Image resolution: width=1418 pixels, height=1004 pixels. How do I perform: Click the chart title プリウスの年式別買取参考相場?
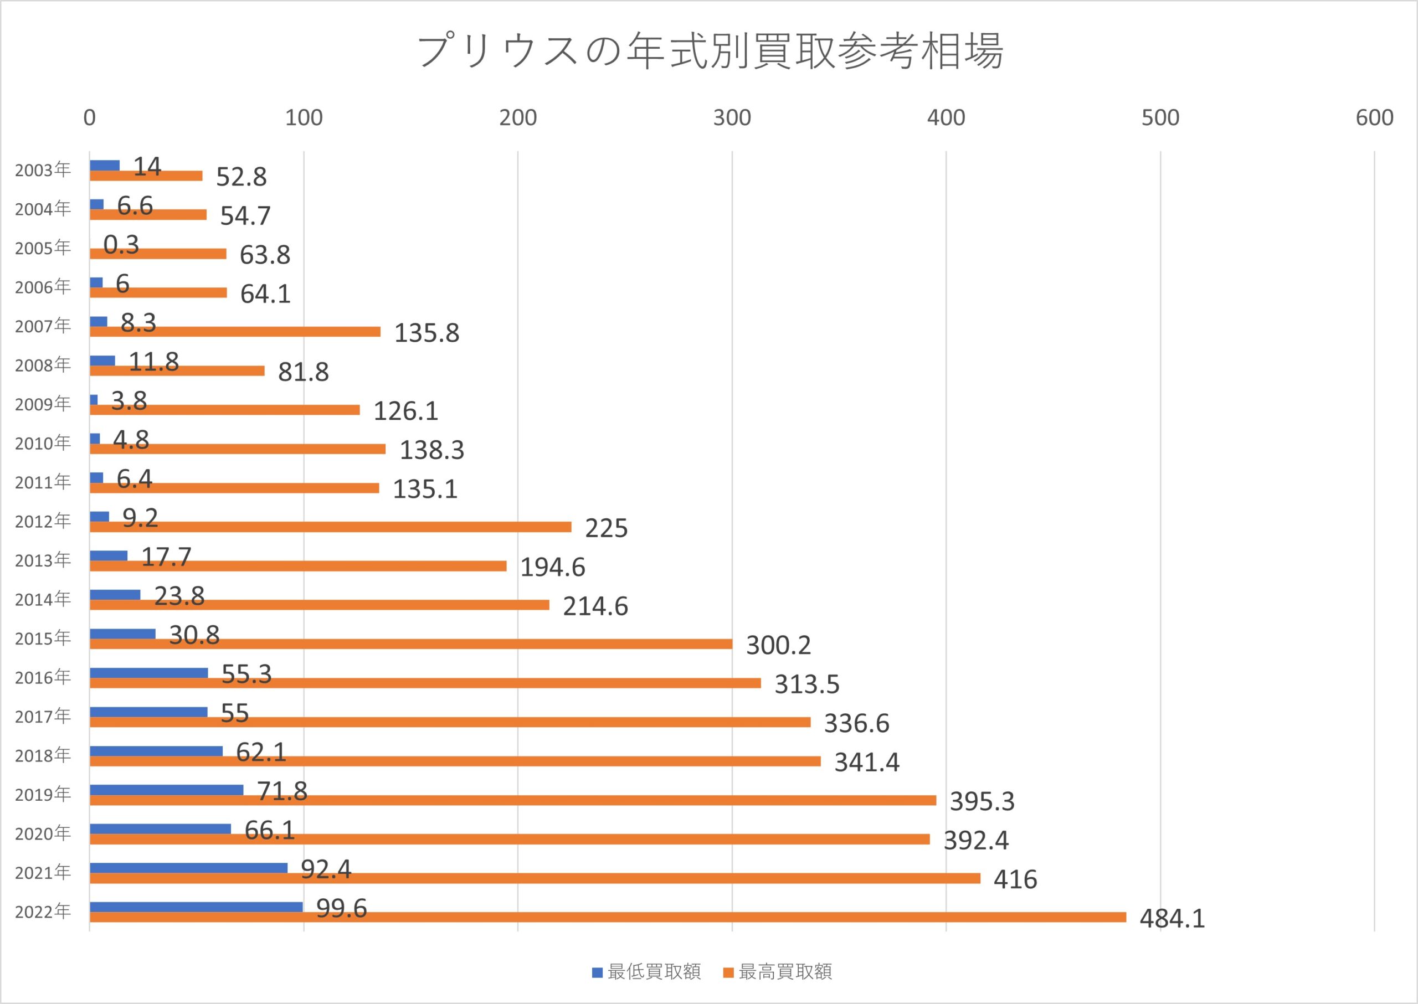coord(710,51)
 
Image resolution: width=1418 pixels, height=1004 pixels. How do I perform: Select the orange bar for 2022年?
coord(607,917)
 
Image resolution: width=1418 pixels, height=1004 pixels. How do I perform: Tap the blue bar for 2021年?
coord(189,868)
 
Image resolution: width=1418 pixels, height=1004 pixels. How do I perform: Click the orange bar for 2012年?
coord(330,527)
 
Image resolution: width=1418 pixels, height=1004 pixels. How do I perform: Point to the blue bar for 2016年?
coord(148,673)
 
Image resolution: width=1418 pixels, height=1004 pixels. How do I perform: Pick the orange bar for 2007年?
coord(235,331)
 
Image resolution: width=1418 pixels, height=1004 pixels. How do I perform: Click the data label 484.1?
coord(1172,919)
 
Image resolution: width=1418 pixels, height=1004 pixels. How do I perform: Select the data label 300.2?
coord(778,646)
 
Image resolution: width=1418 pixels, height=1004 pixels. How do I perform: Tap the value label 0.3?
coord(121,245)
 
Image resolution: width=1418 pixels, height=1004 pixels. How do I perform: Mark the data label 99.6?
coord(341,908)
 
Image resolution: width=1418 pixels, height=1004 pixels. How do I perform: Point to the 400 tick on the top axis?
coord(946,117)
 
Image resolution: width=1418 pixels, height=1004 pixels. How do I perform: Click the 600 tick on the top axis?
coord(1374,117)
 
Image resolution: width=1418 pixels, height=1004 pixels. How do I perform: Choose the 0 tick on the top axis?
coord(90,117)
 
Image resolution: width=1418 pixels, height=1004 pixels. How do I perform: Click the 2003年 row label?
coord(43,170)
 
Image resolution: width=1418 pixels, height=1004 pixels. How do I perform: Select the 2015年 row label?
coord(43,638)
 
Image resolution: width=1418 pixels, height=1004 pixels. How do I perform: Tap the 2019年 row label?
coord(43,795)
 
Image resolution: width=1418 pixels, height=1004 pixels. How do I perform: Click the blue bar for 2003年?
coord(105,165)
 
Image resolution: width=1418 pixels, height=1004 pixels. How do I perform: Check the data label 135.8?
coord(427,333)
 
